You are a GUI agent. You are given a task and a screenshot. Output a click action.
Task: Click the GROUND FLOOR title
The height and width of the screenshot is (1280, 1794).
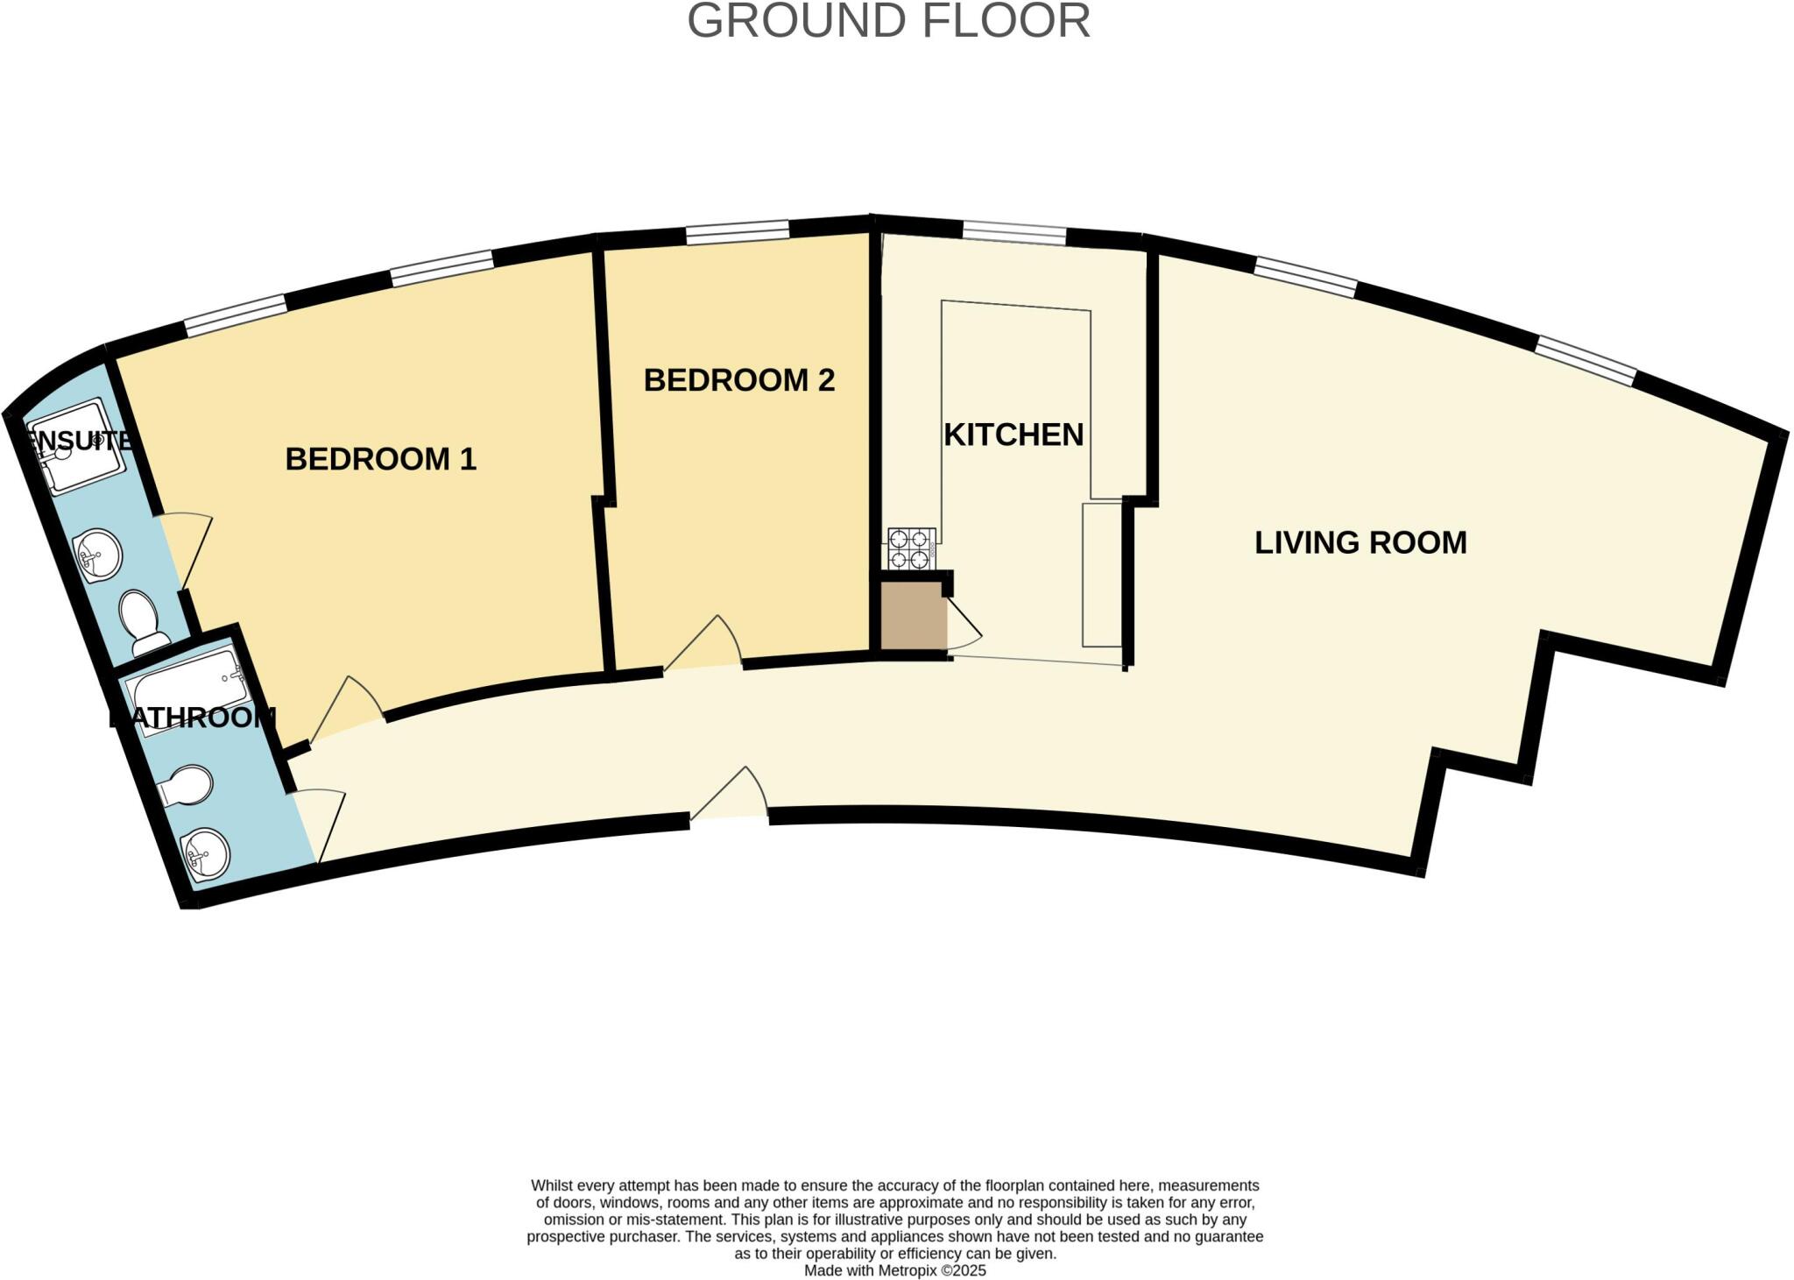888,21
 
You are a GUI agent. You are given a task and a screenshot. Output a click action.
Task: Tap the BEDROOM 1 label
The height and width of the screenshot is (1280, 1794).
380,459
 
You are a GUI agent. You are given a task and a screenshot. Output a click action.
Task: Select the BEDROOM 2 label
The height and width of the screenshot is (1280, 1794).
738,380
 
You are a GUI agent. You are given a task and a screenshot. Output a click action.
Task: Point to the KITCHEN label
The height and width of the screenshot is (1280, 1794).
1013,435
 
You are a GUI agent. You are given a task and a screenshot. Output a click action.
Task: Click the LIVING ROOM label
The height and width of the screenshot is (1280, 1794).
1360,542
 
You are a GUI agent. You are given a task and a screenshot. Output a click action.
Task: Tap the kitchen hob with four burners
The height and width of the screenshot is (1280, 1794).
911,548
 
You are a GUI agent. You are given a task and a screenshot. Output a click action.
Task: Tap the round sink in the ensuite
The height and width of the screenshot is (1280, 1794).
99,554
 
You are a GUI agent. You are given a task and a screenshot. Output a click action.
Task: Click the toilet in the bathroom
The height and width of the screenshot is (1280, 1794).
186,785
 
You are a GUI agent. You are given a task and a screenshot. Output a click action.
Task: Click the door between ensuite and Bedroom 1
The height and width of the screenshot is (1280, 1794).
186,548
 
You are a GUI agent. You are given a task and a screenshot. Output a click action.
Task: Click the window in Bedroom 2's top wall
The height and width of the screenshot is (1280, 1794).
737,232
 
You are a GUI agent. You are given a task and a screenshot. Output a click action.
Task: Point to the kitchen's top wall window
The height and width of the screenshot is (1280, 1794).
1014,233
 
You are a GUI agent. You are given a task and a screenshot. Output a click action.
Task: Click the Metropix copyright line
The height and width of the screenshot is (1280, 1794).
894,1270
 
